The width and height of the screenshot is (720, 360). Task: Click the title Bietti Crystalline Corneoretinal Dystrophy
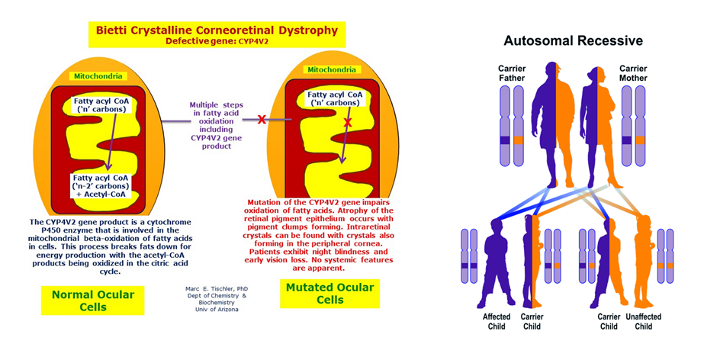pyautogui.click(x=216, y=31)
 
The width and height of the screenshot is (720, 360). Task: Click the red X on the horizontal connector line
pyautogui.click(x=262, y=120)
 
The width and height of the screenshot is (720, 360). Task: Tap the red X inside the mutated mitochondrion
pyautogui.click(x=348, y=122)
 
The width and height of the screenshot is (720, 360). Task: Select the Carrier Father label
pyautogui.click(x=513, y=73)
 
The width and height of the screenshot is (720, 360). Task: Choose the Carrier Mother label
pyautogui.click(x=633, y=73)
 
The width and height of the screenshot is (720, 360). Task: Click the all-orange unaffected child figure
pyautogui.click(x=641, y=259)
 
